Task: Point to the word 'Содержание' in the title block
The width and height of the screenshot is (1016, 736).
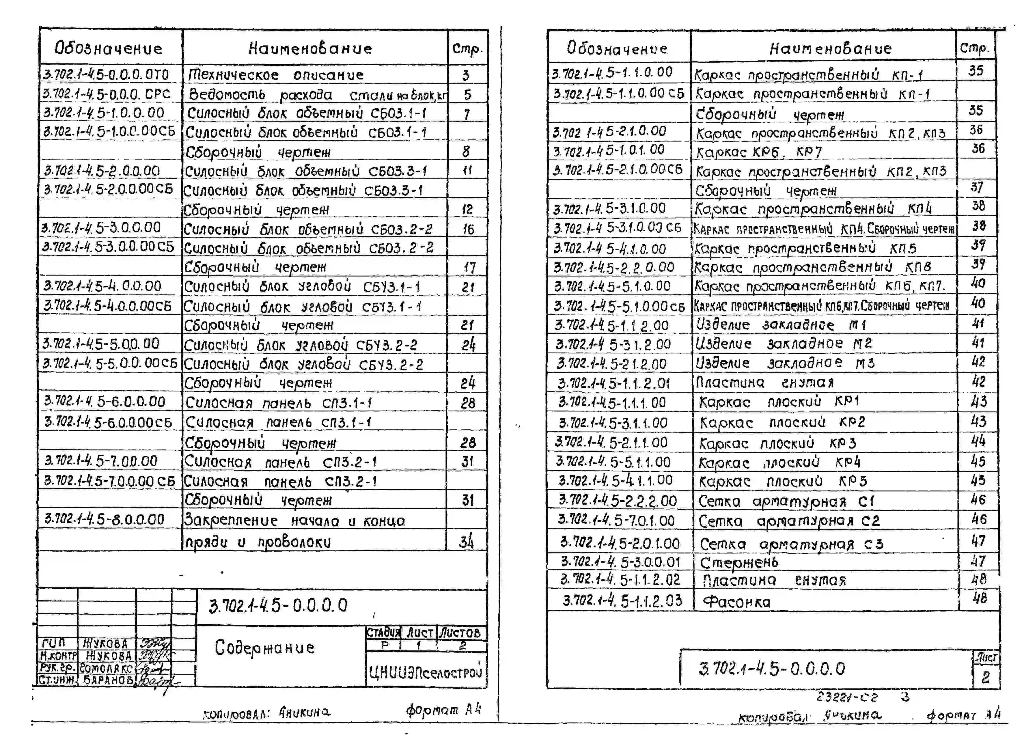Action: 264,647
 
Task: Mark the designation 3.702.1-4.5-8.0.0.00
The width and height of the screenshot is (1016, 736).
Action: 104,519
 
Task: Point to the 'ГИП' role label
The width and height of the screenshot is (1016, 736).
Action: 53,643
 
